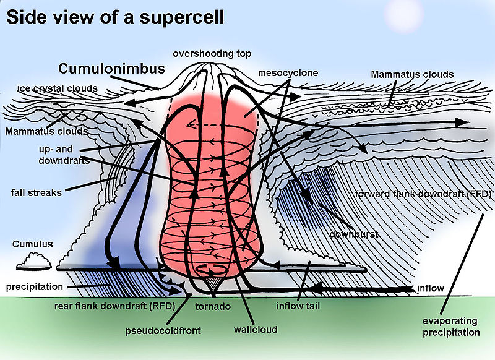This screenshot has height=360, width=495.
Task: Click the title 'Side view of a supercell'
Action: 115,17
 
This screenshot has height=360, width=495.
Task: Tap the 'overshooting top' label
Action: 212,54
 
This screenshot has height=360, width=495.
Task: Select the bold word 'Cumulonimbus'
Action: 111,69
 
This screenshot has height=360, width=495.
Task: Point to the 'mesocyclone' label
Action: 288,73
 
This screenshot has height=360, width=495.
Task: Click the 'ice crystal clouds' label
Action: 58,88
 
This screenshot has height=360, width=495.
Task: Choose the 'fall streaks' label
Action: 37,192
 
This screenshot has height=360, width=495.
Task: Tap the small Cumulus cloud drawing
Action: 34,262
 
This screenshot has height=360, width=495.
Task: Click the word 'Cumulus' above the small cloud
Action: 33,244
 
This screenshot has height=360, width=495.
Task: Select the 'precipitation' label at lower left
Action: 35,287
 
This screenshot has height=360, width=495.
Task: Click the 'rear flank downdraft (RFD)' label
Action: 114,306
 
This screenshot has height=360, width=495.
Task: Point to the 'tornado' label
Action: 213,306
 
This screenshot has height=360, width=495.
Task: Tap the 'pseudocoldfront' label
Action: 163,331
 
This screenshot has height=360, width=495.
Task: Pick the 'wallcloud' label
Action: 256,330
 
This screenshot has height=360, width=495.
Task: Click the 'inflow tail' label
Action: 298,306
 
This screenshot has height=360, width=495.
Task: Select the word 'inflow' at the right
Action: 430,288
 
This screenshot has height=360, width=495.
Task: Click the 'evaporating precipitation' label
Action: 451,327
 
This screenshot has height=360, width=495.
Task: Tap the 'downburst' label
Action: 353,234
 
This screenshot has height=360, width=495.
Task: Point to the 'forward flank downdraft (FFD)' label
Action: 423,194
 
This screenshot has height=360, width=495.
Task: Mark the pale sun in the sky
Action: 404,17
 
